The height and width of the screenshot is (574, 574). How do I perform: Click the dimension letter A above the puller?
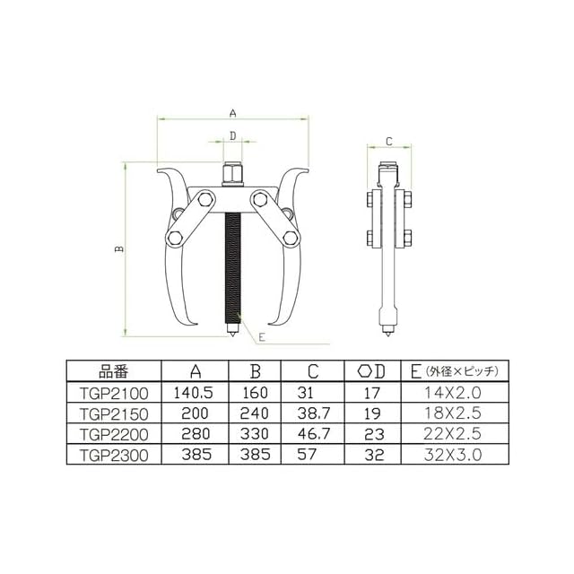click(x=233, y=114)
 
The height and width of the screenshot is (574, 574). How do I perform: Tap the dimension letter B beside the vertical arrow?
click(x=119, y=249)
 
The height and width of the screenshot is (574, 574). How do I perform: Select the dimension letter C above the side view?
click(x=389, y=142)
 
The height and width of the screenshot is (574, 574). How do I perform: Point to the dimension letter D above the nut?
click(x=233, y=136)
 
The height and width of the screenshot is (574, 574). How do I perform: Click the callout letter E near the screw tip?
click(x=261, y=337)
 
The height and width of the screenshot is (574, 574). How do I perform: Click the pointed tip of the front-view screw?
click(x=232, y=336)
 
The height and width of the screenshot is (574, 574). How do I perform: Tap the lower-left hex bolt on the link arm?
click(x=174, y=239)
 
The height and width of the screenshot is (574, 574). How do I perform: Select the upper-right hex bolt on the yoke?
click(x=259, y=199)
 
